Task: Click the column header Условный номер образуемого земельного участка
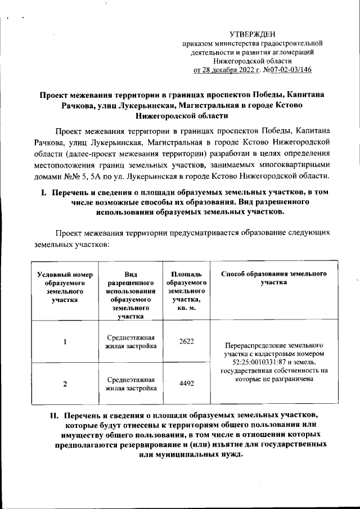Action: (64, 287)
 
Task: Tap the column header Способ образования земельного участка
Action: (274, 278)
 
